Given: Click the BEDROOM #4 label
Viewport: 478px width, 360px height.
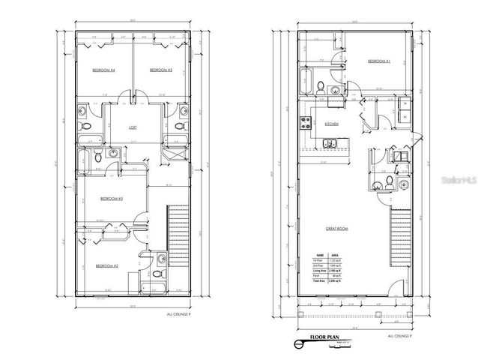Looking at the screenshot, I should (103, 70).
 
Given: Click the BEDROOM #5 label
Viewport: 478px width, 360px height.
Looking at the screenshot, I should (161, 70).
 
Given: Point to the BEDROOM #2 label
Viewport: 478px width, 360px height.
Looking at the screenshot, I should (107, 265).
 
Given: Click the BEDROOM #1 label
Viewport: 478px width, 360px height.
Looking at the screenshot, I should (379, 61).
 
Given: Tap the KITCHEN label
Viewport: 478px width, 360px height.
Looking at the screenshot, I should (332, 123).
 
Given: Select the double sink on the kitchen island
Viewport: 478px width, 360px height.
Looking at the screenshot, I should (330, 143).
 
